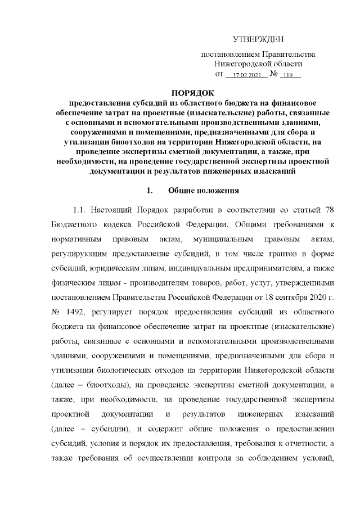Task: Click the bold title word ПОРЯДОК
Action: click(x=192, y=93)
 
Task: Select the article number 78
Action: click(x=330, y=210)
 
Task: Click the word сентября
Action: click(x=278, y=296)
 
